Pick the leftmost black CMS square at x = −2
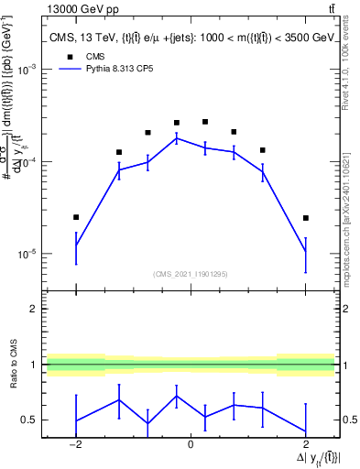pos(76,217)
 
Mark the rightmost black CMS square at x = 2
pos(305,218)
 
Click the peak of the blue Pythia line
pos(177,138)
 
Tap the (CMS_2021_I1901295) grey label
pos(191,274)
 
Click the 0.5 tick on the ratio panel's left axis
pos(30,420)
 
